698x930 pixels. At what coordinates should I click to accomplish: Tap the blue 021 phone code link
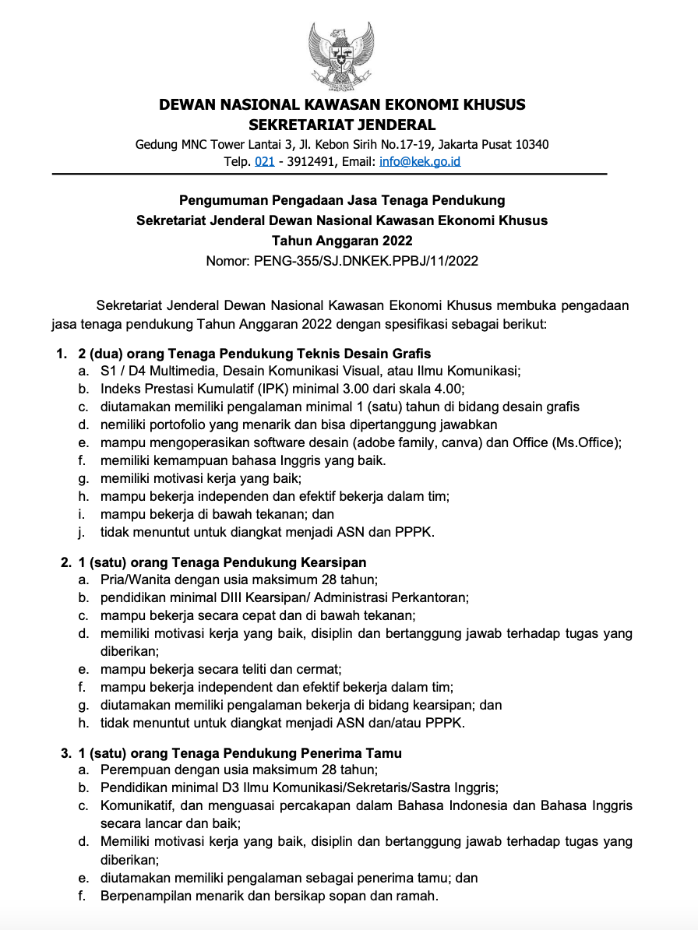pyautogui.click(x=265, y=162)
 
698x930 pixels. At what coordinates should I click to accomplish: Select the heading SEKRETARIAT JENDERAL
pyautogui.click(x=342, y=125)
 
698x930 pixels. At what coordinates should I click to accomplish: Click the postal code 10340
pyautogui.click(x=531, y=144)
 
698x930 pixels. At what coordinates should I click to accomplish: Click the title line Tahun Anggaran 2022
pyautogui.click(x=342, y=241)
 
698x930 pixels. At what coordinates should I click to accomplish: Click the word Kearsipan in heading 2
pyautogui.click(x=333, y=562)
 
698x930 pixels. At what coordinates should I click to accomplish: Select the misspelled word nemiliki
pyautogui.click(x=124, y=424)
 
